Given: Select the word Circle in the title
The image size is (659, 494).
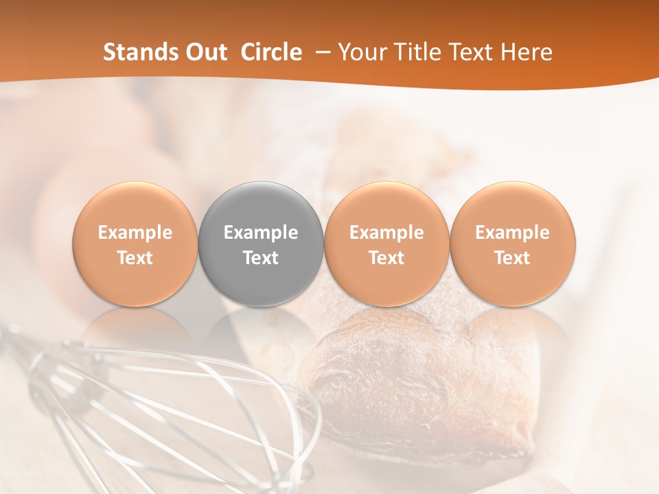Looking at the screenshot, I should coord(271,52).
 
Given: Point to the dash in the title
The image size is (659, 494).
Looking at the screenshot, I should coord(320,53).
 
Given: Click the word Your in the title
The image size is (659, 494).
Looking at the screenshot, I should coord(360,52).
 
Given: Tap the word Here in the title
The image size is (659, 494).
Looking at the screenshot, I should coord(526,52).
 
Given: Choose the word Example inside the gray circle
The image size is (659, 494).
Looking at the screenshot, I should coord(261,233).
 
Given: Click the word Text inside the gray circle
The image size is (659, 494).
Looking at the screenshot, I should coord(261,258).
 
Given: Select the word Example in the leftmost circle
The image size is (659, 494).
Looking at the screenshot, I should coord(135,233).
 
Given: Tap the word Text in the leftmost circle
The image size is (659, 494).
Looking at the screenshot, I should coord(135,258).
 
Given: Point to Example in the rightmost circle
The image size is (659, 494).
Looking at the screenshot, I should coord(512,233).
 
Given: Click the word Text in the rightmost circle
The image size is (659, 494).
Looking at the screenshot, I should coord(512,258).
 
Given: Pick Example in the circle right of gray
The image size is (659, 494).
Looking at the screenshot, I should coord(386,233).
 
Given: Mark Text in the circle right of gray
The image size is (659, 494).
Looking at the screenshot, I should coord(386,258).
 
